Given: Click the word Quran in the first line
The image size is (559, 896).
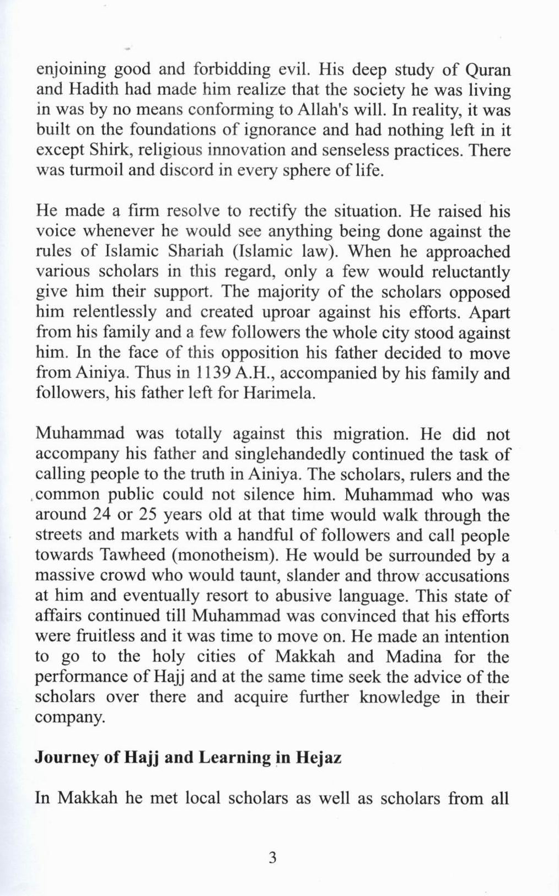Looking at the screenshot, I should [x=488, y=71].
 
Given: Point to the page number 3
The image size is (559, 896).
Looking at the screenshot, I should [x=271, y=858].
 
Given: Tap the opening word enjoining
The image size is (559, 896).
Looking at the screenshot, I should [x=71, y=71].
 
